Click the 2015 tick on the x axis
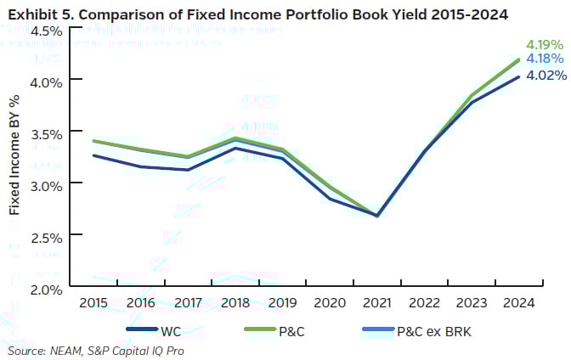tap(93, 301)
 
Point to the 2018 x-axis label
tap(234, 301)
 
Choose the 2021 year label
tap(376, 301)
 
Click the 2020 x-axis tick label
tap(329, 301)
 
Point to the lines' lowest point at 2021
tap(376, 216)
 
